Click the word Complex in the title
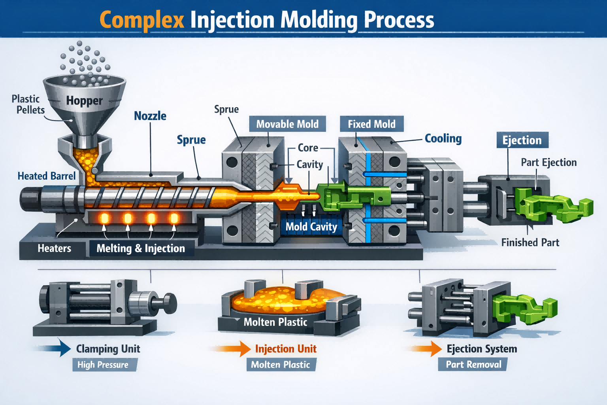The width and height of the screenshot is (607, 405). [x=141, y=20]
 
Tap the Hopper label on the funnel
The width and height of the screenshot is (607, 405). [x=84, y=100]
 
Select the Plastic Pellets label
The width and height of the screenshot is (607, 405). [x=28, y=104]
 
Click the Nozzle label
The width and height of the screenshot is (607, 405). [x=150, y=116]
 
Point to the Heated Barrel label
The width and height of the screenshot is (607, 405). [x=47, y=176]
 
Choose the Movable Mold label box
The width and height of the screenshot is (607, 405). [x=287, y=124]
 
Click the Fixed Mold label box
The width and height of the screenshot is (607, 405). [x=371, y=124]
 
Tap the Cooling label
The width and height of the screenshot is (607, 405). [x=443, y=138]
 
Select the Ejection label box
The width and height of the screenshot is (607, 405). [x=522, y=140]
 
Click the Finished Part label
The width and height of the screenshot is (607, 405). [x=530, y=242]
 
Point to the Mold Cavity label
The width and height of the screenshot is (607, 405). [x=311, y=227]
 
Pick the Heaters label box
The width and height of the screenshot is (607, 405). [x=55, y=248]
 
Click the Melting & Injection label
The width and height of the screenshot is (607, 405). [x=141, y=248]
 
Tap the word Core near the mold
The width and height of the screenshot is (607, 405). [x=308, y=148]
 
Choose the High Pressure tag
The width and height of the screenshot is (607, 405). [x=103, y=365]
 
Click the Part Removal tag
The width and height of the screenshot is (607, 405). [x=473, y=364]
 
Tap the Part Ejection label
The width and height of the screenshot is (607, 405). [x=549, y=163]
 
